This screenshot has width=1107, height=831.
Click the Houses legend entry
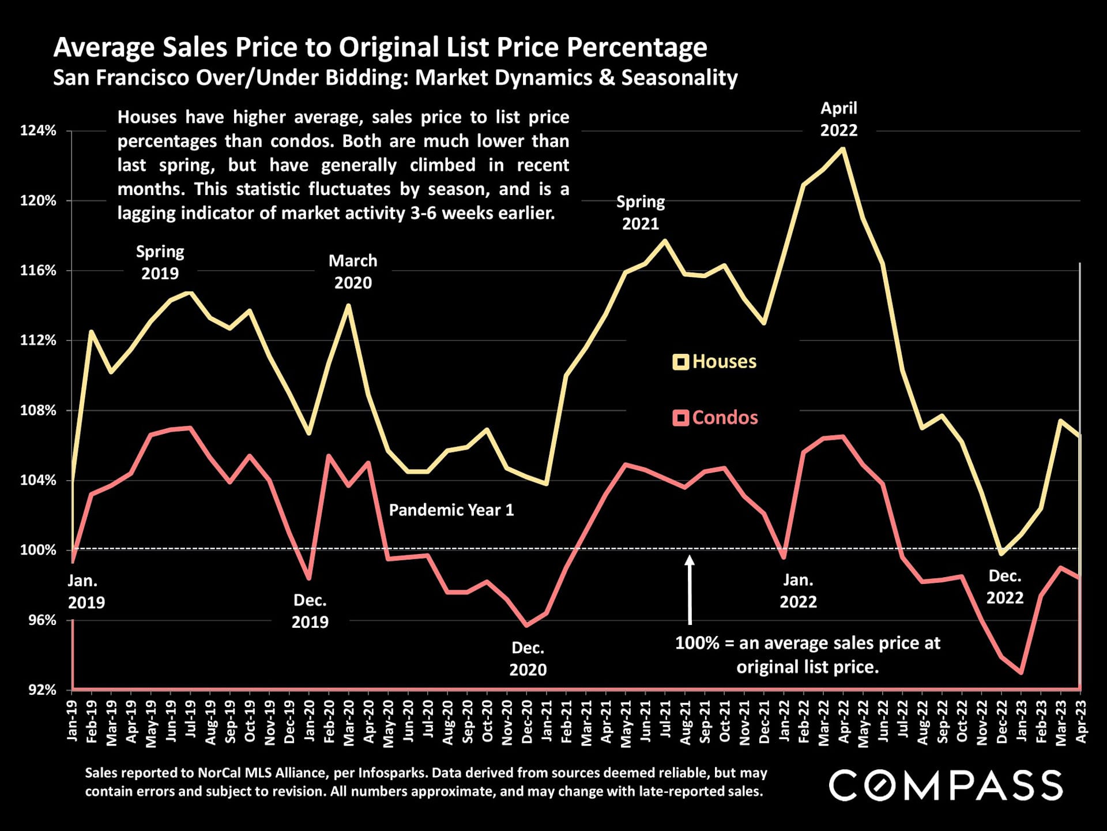click(x=715, y=362)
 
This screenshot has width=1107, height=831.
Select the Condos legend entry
click(x=716, y=417)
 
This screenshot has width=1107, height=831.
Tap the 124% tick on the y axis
click(x=39, y=130)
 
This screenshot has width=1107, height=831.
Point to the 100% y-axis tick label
click(x=39, y=550)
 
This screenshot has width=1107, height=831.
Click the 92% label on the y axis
click(x=43, y=690)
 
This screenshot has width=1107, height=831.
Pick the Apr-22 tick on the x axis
click(x=844, y=722)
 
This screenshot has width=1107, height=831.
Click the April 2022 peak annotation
click(x=839, y=119)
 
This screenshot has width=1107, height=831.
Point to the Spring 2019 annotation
click(x=160, y=263)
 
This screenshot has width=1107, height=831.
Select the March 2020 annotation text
click(x=353, y=272)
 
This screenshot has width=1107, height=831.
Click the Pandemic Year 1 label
click(x=451, y=510)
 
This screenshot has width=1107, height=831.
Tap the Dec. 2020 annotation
click(x=528, y=658)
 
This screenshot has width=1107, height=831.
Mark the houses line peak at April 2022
click(x=844, y=149)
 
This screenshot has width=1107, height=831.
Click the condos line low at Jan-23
click(x=1021, y=672)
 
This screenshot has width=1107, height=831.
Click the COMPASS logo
click(x=946, y=785)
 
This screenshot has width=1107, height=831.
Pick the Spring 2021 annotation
click(x=641, y=212)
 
